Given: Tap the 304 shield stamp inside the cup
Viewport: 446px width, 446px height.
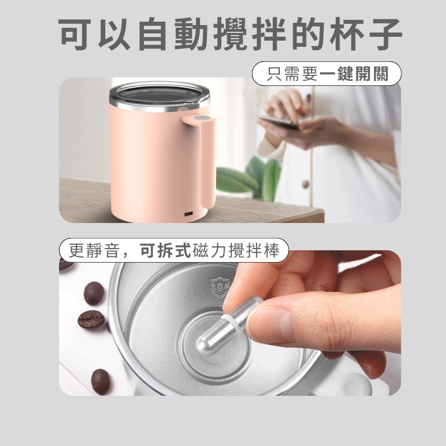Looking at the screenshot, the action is pos(220,285).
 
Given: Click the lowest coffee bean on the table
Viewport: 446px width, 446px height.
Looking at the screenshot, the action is pos(100,381).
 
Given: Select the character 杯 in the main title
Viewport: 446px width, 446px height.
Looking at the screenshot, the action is pos(347,33).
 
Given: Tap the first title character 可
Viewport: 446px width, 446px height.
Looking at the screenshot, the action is pos(75,33).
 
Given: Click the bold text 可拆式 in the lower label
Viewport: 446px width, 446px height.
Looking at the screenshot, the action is pos(166,250).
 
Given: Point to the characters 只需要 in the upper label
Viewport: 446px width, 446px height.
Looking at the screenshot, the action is pos(292,74).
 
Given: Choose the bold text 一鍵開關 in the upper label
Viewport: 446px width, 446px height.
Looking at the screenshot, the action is pos(354,74).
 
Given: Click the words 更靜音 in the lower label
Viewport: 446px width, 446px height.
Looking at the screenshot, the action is pos(94,250).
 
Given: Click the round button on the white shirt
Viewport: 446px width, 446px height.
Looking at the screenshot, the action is pos(305,184).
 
